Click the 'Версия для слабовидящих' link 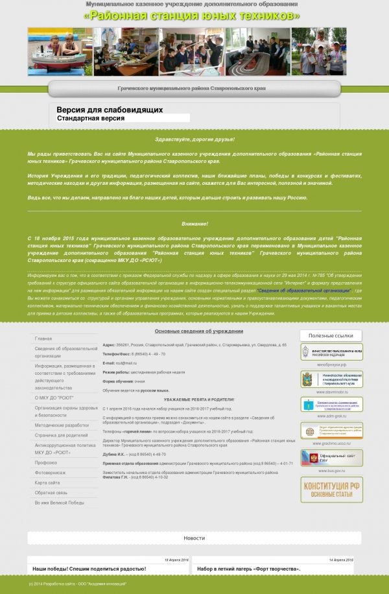tap(110, 110)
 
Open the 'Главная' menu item tap(44, 339)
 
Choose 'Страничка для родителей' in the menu tap(61, 434)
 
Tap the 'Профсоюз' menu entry tap(46, 462)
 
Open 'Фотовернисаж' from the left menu tap(51, 473)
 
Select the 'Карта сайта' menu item tap(48, 483)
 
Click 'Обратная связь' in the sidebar tap(51, 493)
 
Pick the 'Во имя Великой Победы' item tap(60, 503)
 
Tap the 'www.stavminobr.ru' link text tap(332, 392)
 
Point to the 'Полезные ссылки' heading tap(331, 335)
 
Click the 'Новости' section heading tap(194, 538)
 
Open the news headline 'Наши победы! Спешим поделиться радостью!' tap(89, 569)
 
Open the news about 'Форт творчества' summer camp tap(249, 569)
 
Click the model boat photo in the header tap(60, 51)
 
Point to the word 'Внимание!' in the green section tap(194, 224)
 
